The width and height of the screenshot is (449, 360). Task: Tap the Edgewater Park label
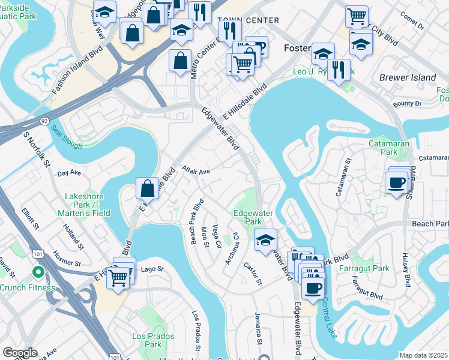click(249, 217)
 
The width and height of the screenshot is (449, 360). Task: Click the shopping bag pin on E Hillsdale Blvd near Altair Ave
click(147, 188)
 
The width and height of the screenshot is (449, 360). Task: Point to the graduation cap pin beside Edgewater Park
click(265, 240)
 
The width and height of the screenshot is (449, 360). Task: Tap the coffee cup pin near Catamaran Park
click(396, 182)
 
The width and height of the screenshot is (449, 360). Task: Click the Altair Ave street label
click(196, 171)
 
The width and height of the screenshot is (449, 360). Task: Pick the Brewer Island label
click(408, 77)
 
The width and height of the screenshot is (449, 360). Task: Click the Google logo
click(20, 353)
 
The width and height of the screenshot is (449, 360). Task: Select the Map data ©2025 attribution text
click(423, 355)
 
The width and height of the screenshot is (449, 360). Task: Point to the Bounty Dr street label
click(409, 104)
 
